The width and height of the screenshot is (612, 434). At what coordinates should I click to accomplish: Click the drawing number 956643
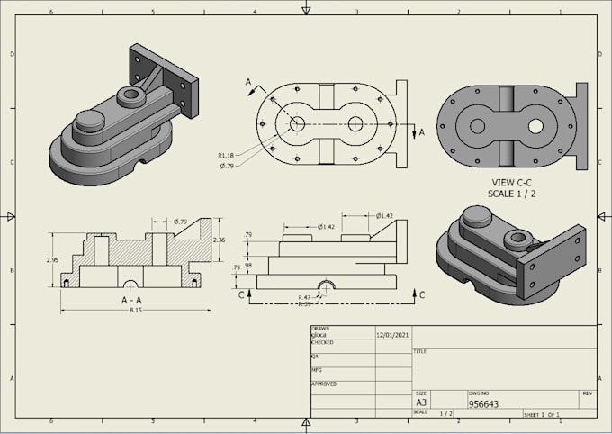[x=483, y=404]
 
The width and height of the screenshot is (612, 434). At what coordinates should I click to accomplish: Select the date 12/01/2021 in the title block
[x=393, y=333]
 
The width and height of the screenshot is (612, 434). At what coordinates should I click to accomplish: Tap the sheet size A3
[x=421, y=402]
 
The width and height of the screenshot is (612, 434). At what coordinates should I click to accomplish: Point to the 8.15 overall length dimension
[x=136, y=310]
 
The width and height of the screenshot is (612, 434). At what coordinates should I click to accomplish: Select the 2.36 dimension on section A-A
[x=219, y=240]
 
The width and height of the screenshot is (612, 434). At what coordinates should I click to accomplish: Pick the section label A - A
[x=136, y=299]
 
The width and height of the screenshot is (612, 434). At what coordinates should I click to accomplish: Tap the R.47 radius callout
[x=306, y=296]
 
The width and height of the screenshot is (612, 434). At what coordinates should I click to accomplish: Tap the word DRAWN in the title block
[x=319, y=329]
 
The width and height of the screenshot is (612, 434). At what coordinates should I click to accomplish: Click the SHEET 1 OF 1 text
[x=542, y=414]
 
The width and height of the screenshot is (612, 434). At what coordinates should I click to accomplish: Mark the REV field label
[x=587, y=393]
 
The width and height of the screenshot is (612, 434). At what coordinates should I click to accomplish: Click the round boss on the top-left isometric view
[x=89, y=120]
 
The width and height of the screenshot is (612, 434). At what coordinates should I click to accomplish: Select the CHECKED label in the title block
[x=322, y=343]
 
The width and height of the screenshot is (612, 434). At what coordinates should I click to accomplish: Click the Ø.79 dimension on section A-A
[x=179, y=222]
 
